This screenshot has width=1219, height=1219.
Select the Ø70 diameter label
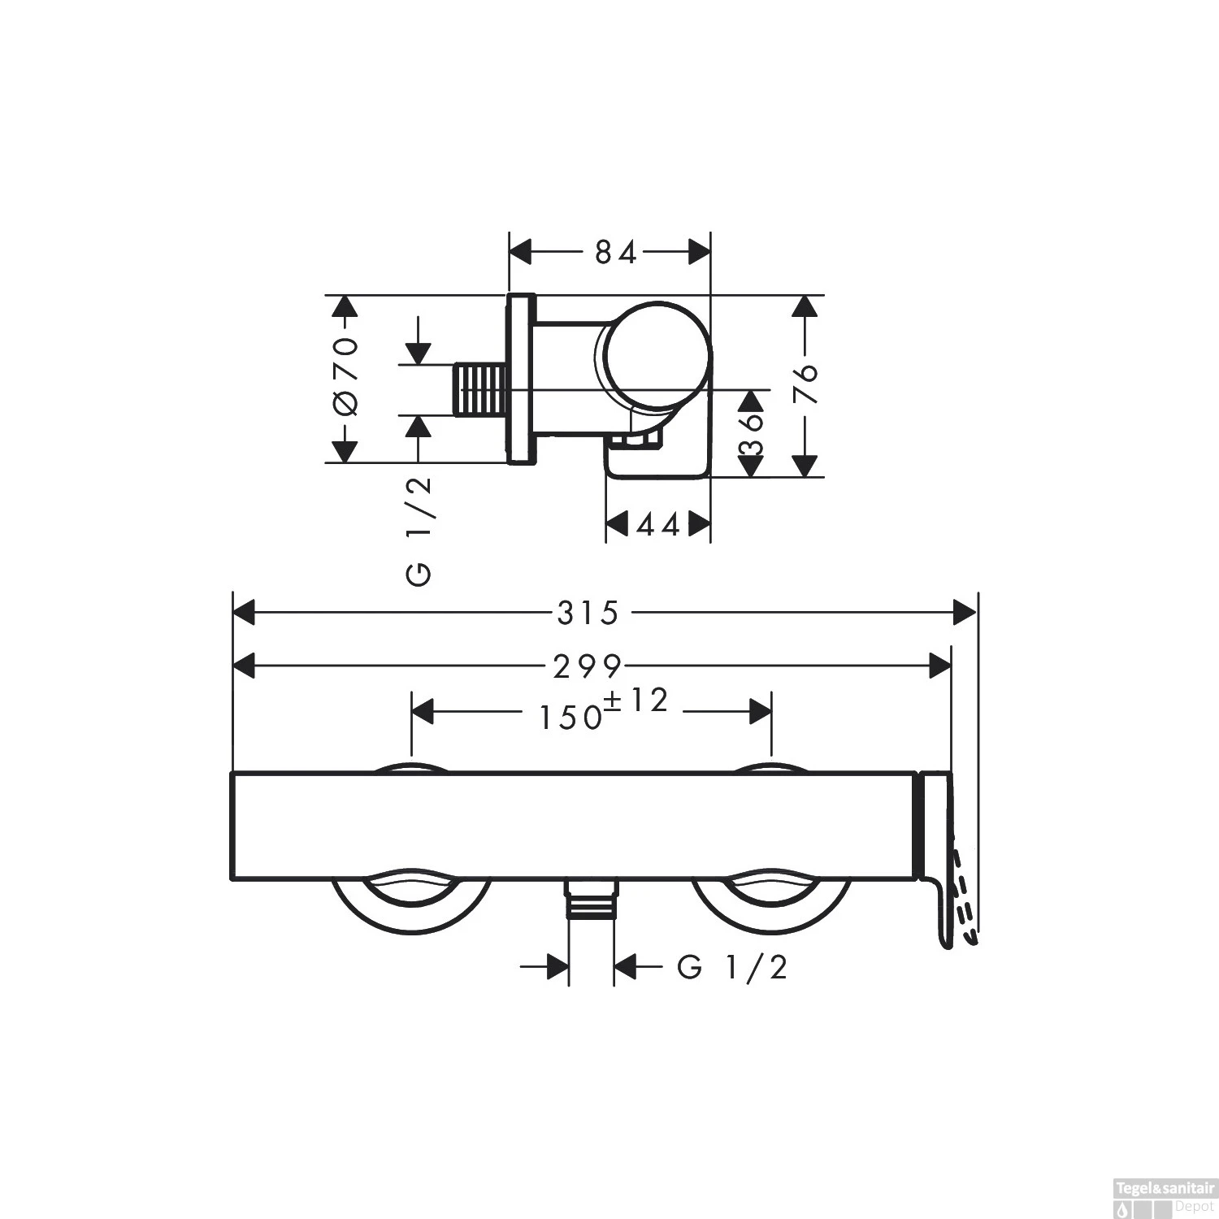coord(345,377)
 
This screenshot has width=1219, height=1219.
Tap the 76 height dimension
coord(805,385)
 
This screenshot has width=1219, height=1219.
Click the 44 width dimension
coord(657,526)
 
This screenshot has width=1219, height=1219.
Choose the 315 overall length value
coord(588,613)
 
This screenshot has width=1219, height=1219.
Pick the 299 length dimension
coord(587,667)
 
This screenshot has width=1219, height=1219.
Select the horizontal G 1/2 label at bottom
coord(732,967)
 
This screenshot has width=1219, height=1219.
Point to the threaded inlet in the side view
coord(479,390)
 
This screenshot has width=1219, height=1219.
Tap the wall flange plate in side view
coord(522,379)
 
